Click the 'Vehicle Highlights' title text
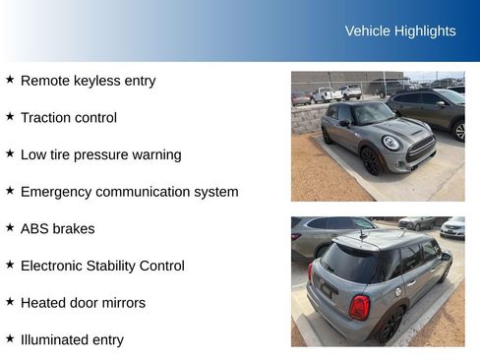click(400, 31)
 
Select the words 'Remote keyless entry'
click(88, 81)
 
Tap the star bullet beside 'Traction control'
click(10, 116)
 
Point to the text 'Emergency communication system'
click(129, 192)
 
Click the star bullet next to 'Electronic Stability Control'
click(10, 264)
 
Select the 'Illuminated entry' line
click(72, 339)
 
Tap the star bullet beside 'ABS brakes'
click(10, 227)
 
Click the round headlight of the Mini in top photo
click(390, 143)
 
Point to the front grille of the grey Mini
click(421, 149)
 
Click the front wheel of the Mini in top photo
click(370, 160)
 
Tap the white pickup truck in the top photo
click(327, 93)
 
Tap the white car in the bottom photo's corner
click(452, 227)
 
